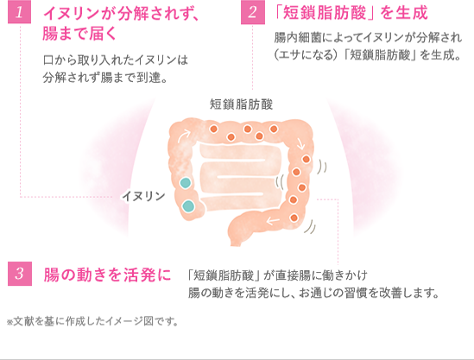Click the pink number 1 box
pos(19,12)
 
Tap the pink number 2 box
pos(253,12)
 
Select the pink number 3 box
pos(20,274)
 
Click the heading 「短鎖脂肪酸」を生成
pos(351,13)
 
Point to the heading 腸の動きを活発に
pos(107,275)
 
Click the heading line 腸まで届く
pos(79,34)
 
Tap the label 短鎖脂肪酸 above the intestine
pos(241,104)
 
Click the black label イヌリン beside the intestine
pos(143,197)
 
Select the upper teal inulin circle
pos(186,183)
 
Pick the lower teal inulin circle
pos(188,205)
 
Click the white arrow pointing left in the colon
pos(273,221)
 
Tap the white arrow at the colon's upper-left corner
pos(184,136)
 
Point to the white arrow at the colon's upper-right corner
pos(300,144)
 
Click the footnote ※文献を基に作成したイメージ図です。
pos(92,321)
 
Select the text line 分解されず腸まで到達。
pos(104,78)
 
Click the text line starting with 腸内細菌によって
pos(368,38)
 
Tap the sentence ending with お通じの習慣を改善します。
pos(313,293)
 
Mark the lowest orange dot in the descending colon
pos(294,218)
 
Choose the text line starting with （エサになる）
pos(367,55)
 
